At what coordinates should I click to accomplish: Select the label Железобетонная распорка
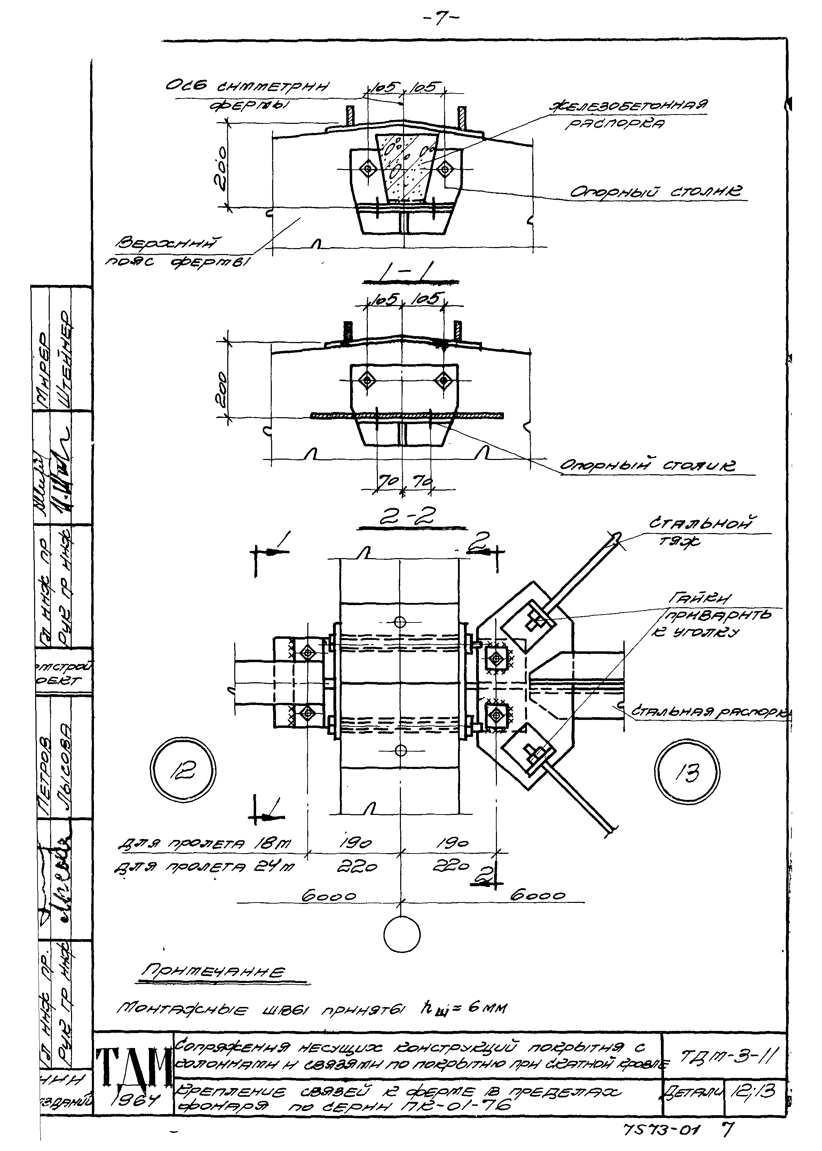click(x=627, y=113)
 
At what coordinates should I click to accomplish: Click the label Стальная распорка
click(x=711, y=711)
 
